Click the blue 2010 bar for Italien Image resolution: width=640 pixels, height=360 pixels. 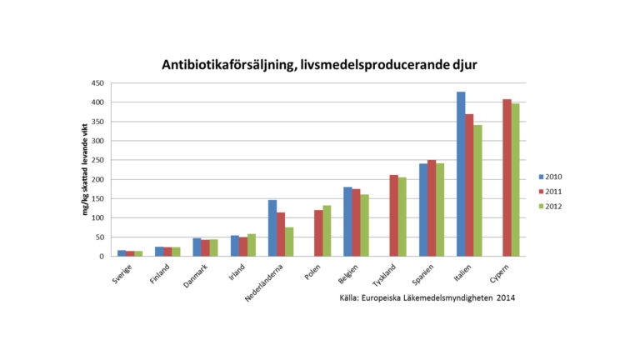click(x=460, y=174)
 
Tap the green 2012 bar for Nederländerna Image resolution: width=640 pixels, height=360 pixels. click(x=288, y=242)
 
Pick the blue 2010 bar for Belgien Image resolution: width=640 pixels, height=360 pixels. click(x=347, y=222)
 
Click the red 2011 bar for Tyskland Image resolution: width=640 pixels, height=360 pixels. click(x=393, y=216)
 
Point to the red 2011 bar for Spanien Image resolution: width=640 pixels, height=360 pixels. click(x=431, y=208)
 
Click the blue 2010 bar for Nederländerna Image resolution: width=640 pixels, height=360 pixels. click(x=272, y=228)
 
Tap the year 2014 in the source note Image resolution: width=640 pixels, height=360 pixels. click(x=505, y=297)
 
